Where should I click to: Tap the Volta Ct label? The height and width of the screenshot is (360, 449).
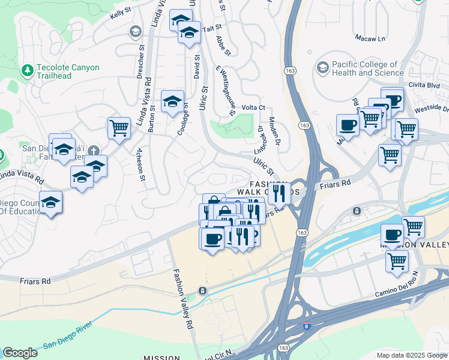point(253,107)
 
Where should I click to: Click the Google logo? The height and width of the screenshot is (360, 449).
point(20,353)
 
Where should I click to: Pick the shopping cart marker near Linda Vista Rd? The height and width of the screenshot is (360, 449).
point(119,128)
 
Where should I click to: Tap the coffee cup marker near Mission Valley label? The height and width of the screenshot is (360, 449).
point(393,235)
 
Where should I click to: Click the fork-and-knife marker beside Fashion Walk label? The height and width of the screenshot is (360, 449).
point(279,193)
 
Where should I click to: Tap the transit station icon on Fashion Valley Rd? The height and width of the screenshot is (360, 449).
point(203,291)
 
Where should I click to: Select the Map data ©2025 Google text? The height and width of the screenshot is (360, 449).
point(412,355)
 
